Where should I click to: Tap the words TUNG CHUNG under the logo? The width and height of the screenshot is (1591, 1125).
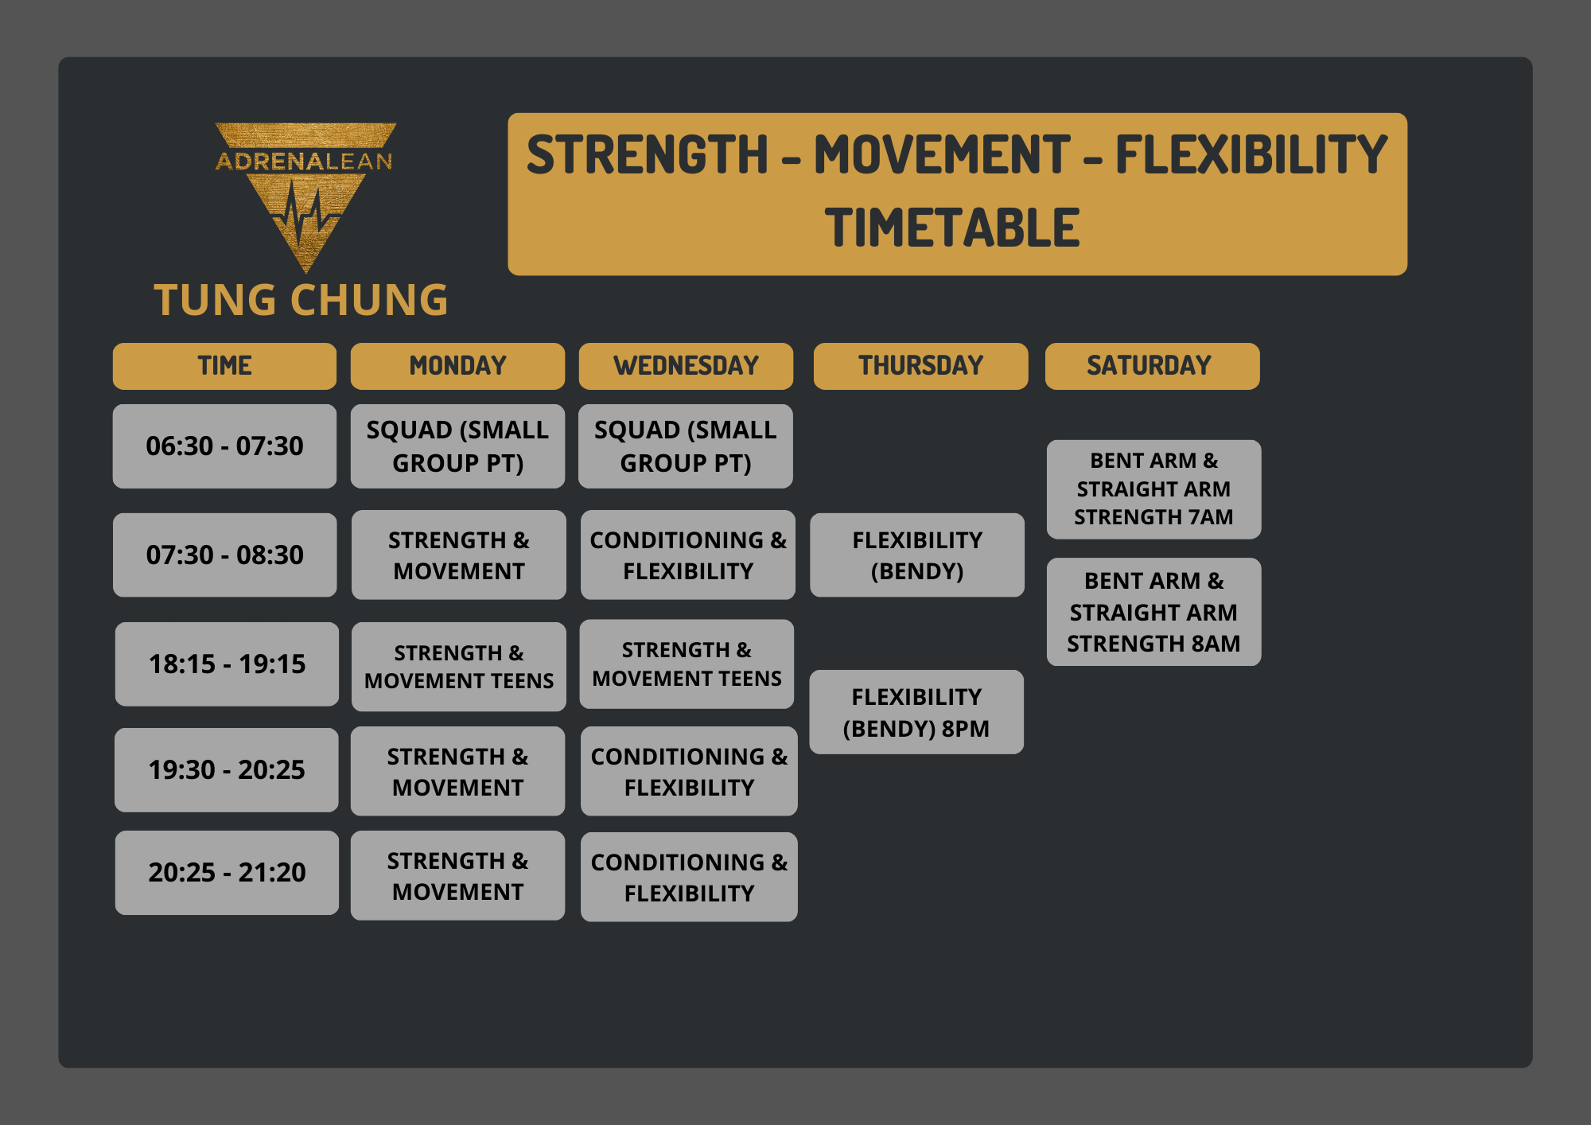[301, 300]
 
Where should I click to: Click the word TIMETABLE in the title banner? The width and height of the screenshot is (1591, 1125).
[952, 228]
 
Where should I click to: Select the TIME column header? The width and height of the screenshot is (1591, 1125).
[224, 366]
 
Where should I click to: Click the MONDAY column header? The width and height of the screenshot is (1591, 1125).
[457, 366]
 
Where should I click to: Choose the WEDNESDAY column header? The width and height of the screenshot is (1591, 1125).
[686, 366]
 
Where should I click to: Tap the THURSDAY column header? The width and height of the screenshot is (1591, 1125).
[920, 366]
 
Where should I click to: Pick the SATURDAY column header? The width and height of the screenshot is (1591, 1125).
[1152, 366]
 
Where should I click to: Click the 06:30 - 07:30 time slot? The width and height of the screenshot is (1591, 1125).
[224, 446]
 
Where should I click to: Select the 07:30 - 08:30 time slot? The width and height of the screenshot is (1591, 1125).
[224, 555]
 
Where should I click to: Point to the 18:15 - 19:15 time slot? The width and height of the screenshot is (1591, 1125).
[227, 664]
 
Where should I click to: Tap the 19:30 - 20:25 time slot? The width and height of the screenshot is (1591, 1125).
[226, 769]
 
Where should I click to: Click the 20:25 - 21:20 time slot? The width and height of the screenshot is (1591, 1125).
[227, 873]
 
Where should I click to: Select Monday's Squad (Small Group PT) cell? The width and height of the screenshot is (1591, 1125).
[457, 446]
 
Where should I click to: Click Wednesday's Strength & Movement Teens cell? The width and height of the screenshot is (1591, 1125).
[687, 664]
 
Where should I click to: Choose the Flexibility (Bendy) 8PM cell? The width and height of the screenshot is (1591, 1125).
[916, 712]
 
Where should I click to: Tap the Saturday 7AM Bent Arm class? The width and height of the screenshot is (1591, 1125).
[1153, 489]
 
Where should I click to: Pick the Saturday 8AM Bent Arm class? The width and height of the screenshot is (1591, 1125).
[1153, 612]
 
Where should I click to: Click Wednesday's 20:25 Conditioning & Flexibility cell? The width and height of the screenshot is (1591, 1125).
[689, 877]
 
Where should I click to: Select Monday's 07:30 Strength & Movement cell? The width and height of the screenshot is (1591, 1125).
[459, 555]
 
